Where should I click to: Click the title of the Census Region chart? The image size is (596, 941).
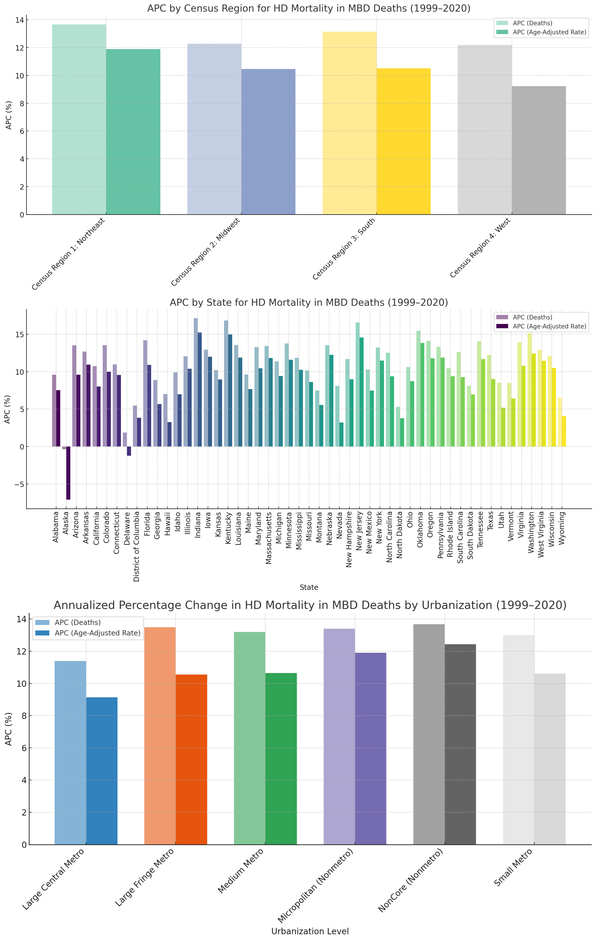[x=309, y=9]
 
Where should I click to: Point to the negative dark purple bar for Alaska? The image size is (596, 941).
[x=68, y=473]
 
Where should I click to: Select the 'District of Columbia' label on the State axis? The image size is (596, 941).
[x=137, y=546]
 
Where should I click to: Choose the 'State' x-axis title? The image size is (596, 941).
[x=309, y=587]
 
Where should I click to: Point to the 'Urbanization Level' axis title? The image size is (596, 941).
[x=310, y=931]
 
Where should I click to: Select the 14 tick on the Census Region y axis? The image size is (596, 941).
[x=20, y=20]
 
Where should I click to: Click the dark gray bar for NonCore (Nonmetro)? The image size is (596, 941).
[x=460, y=745]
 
